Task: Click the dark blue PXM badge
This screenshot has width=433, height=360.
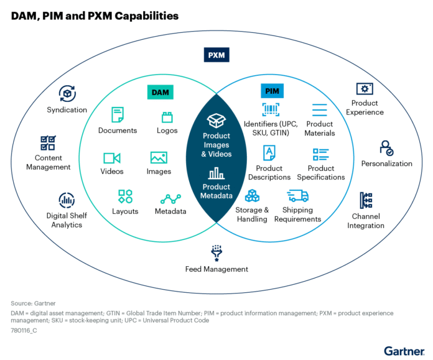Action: click(216, 55)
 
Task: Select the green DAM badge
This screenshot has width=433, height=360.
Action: click(161, 92)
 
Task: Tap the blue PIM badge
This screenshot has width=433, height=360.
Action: click(272, 91)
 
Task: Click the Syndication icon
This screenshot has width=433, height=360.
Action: click(67, 94)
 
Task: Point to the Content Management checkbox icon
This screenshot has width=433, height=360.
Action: click(48, 143)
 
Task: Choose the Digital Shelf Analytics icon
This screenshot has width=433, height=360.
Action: click(67, 200)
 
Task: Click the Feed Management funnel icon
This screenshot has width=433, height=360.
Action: click(216, 253)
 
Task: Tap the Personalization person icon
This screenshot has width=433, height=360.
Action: click(386, 148)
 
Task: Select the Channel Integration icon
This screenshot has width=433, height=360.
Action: click(366, 200)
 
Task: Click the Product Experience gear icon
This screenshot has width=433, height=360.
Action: click(365, 89)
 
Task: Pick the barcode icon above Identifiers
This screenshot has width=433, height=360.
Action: click(271, 109)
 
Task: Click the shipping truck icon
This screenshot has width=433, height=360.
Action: click(297, 196)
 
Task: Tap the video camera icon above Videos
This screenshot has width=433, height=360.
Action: click(112, 158)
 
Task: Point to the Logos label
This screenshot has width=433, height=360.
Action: click(167, 131)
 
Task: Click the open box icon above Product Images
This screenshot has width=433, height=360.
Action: click(216, 121)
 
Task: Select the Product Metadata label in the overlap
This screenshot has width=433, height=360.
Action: click(216, 191)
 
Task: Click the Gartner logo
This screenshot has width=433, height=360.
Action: click(404, 351)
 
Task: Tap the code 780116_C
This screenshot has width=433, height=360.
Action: click(24, 330)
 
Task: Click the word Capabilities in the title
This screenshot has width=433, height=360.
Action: click(147, 16)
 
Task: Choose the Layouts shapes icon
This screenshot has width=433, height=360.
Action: click(125, 196)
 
